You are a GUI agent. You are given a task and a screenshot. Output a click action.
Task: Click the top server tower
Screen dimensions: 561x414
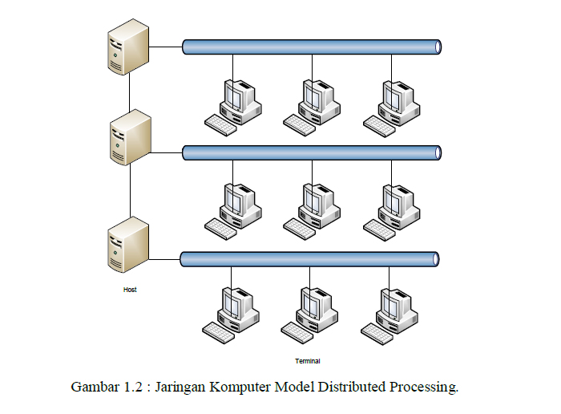click(128, 47)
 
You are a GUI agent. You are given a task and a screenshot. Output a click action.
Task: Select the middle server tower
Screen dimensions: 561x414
click(130, 137)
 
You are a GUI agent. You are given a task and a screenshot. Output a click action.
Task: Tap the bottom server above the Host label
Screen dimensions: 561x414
click(128, 245)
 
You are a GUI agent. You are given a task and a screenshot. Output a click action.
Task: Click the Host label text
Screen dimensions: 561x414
click(130, 290)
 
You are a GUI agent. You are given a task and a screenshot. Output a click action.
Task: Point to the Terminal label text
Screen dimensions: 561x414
click(308, 361)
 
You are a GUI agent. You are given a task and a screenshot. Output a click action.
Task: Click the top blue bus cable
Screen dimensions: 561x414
click(312, 47)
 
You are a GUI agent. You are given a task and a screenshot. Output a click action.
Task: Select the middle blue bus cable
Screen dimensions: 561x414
click(312, 153)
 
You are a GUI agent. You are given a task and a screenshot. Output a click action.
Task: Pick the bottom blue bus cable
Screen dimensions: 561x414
click(309, 259)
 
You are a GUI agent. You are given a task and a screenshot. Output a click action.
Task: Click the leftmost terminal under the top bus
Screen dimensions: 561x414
click(233, 108)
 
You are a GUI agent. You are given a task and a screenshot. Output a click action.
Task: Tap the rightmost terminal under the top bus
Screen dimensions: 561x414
click(391, 108)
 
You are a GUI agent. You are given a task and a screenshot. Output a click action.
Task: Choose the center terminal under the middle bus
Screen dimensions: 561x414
click(312, 212)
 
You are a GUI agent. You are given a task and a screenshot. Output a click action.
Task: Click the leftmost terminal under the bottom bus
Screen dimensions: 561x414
click(231, 315)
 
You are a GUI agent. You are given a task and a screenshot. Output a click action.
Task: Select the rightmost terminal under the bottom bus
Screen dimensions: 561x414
click(389, 317)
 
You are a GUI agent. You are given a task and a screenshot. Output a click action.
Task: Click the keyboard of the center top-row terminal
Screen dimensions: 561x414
click(300, 125)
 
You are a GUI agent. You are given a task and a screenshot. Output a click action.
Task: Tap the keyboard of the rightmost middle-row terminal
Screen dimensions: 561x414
click(379, 230)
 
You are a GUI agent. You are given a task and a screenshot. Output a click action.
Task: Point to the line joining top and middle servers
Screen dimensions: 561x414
click(130, 92)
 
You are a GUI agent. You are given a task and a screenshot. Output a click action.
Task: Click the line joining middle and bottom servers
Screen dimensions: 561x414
click(130, 190)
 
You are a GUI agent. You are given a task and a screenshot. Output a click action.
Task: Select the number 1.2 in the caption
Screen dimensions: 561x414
click(133, 388)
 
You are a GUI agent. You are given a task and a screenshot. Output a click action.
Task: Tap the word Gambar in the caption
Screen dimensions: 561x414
click(95, 388)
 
